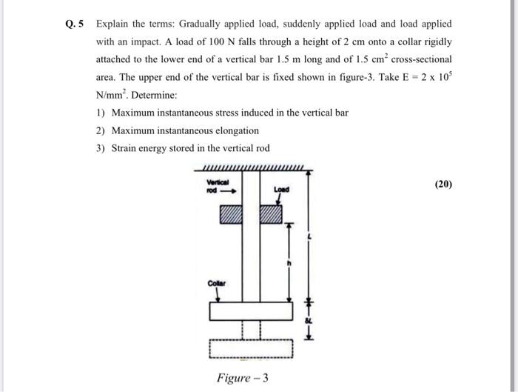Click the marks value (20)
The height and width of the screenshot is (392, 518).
point(443,184)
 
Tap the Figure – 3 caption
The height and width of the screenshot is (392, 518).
point(242,378)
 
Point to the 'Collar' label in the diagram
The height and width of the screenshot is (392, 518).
point(216,282)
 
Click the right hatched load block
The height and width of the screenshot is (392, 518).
point(271,214)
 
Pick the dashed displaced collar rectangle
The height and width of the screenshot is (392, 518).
point(251,347)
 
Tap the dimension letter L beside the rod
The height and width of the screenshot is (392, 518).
point(311,236)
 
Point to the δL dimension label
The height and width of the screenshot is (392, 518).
point(311,320)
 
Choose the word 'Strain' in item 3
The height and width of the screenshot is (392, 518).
point(124,148)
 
